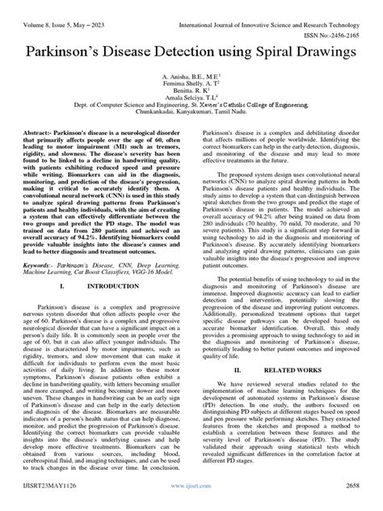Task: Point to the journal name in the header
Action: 271,11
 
